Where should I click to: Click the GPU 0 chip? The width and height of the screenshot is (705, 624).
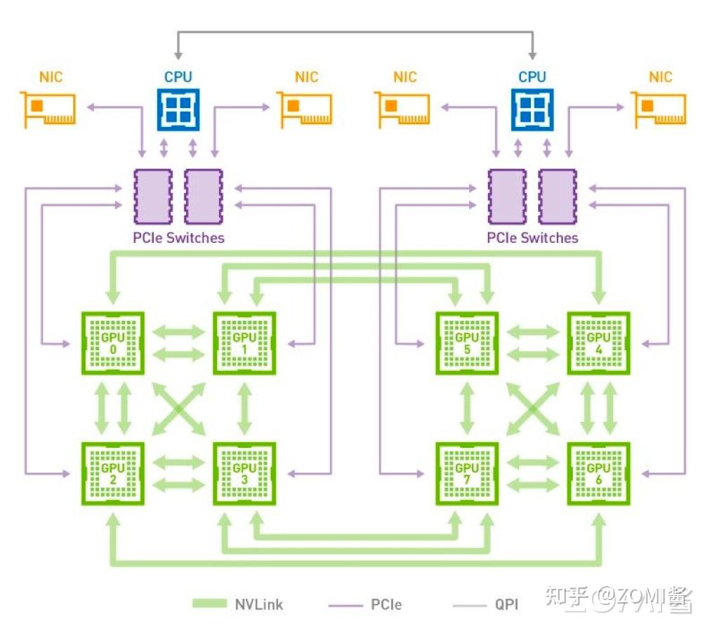(113, 343)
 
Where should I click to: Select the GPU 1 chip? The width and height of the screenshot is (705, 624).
(244, 343)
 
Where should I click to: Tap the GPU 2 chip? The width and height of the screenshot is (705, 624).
(113, 473)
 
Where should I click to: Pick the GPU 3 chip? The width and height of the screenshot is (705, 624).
(244, 473)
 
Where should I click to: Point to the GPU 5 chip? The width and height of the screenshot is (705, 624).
(467, 343)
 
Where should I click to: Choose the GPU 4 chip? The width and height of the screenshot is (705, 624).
(598, 343)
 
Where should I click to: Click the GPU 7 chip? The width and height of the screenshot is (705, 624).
(467, 473)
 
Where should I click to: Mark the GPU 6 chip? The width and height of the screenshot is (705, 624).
(598, 473)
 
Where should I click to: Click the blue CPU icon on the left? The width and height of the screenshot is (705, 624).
(178, 109)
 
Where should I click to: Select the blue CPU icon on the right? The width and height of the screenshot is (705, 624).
(532, 109)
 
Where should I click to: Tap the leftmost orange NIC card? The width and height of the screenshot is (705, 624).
(48, 109)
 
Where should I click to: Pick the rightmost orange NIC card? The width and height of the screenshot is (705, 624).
(659, 109)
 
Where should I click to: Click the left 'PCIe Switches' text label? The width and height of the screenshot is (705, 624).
(178, 237)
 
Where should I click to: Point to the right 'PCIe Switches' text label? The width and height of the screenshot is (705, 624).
(533, 237)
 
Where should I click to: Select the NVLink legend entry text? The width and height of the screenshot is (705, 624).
(259, 604)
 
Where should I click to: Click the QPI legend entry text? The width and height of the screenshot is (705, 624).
(507, 604)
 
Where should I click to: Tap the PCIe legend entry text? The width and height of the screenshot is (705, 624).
(386, 604)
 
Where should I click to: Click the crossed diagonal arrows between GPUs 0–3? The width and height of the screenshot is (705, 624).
(178, 409)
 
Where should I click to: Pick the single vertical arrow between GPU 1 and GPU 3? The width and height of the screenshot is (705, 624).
(244, 409)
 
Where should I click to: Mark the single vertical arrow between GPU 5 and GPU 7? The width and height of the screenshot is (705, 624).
(467, 409)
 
